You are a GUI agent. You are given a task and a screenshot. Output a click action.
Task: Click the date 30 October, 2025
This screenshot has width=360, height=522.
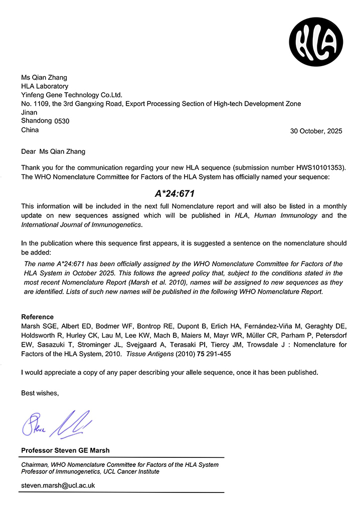[316, 131]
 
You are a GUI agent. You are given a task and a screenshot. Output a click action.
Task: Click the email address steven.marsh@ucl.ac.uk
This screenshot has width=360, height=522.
[58, 485]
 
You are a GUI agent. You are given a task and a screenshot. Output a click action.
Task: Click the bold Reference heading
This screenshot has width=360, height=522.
[37, 317]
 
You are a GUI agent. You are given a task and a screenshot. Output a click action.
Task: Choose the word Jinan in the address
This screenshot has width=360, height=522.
[30, 113]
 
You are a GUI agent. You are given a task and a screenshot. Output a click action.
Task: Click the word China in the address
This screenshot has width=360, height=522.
[30, 130]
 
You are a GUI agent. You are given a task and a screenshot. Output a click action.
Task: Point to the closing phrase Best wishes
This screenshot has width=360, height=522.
[40, 393]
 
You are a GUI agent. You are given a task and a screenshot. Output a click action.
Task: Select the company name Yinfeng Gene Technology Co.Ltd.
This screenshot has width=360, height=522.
[72, 95]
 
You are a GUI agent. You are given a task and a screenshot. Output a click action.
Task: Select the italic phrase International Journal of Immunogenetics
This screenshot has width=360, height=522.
[81, 224]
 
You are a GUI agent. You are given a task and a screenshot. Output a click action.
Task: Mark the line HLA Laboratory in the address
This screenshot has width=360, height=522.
[45, 86]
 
